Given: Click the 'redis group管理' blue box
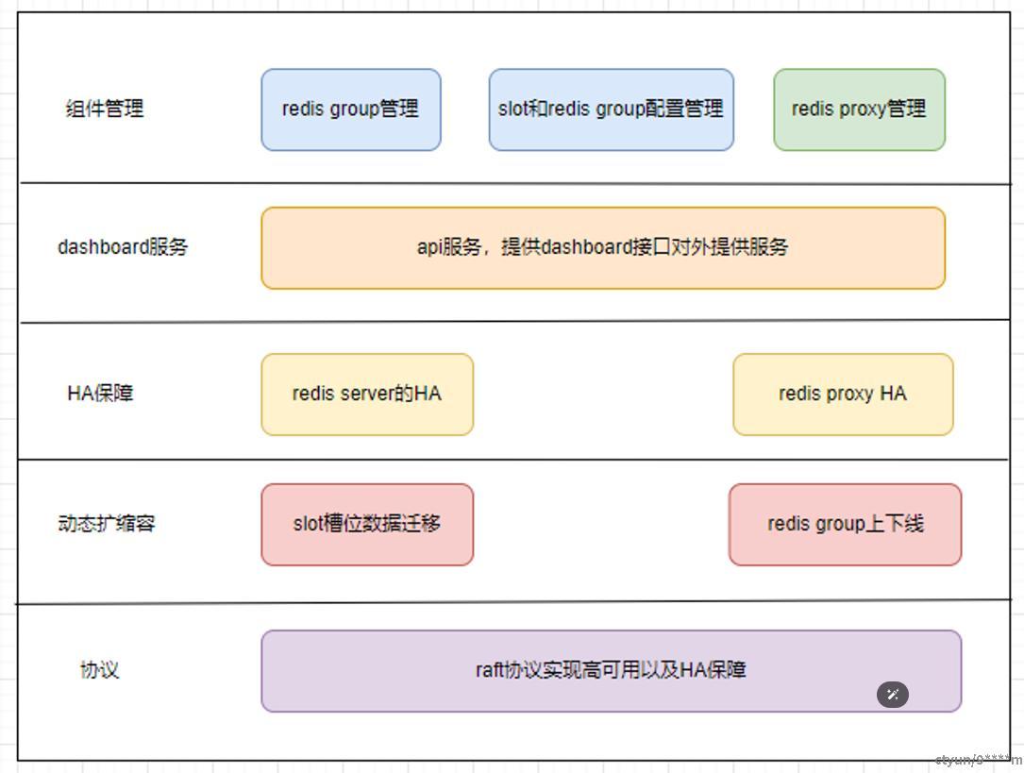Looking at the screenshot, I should point(350,109).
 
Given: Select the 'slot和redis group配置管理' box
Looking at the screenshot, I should point(611,109).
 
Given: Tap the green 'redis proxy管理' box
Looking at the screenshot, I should point(859,109).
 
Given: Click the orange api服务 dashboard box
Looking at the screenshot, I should point(602,247).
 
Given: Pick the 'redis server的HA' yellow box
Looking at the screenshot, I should point(366,394).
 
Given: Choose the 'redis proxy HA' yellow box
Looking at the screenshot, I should point(843,394).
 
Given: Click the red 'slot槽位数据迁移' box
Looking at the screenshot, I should point(366,524).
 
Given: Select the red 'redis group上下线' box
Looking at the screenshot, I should point(845,524).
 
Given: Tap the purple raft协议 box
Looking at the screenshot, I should point(611,670).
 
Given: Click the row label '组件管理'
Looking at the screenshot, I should point(105,109).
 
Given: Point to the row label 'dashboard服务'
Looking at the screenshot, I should point(123,247).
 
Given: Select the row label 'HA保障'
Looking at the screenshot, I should point(100,393).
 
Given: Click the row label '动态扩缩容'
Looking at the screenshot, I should point(106,523).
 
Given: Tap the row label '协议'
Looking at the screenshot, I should point(99,670).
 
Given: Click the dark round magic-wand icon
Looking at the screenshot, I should point(893,695).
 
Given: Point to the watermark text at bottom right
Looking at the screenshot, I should point(978,760).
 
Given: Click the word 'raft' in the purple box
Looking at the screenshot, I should point(489,670).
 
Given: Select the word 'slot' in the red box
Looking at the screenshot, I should point(309,524).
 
